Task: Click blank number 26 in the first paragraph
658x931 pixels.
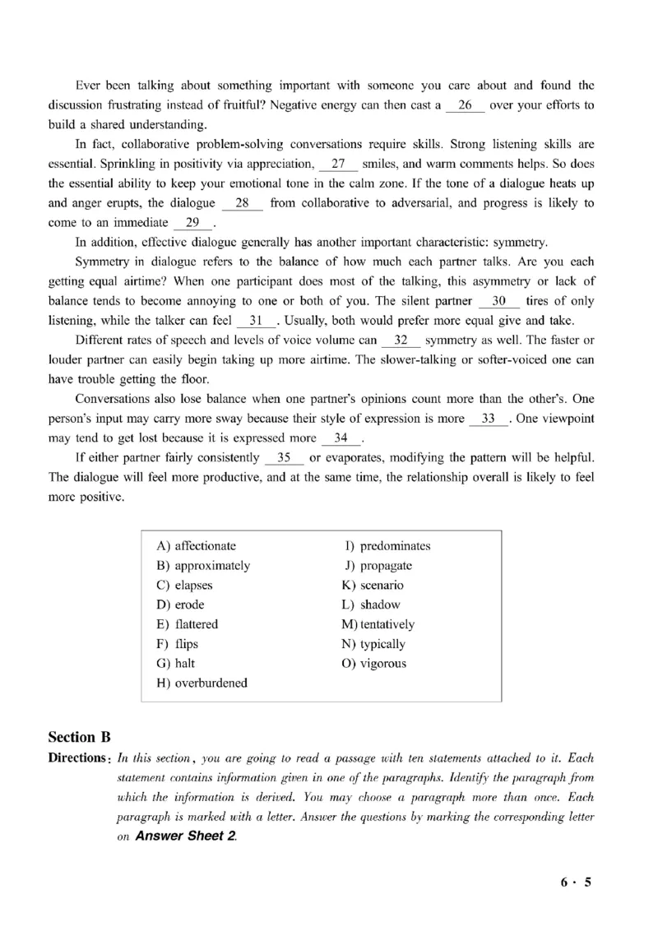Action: point(466,105)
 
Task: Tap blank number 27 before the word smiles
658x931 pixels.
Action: point(337,164)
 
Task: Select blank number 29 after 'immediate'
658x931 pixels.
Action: point(192,223)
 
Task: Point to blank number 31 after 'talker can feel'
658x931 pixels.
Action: point(255,321)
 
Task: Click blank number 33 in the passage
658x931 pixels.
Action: point(489,419)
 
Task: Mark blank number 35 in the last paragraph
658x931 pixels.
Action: point(284,457)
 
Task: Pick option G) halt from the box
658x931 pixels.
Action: point(175,663)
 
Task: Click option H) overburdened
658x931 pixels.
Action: point(202,683)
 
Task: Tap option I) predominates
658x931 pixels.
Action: point(387,546)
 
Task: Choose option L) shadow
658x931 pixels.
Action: point(371,604)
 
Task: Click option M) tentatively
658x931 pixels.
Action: point(378,624)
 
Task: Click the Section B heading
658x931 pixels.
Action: point(80,736)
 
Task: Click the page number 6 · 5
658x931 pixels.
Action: point(576,883)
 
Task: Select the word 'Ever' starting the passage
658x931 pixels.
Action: point(88,86)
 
